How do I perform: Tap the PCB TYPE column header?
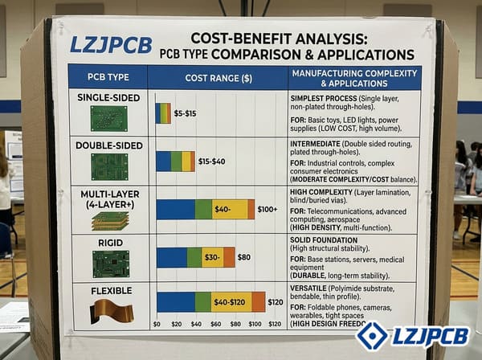(108, 78)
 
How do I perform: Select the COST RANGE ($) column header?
(218, 78)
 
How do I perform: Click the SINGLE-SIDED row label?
(108, 98)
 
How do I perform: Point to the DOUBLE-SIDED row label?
(108, 145)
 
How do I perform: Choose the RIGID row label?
(108, 240)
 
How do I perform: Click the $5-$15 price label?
(185, 113)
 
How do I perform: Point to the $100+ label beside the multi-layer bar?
(267, 210)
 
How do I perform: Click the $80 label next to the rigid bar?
(243, 257)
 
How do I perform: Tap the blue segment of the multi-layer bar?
(175, 209)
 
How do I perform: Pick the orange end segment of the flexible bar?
(258, 301)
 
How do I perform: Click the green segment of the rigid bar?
(194, 257)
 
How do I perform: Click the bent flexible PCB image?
(111, 310)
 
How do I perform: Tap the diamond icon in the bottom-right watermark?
(372, 336)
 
